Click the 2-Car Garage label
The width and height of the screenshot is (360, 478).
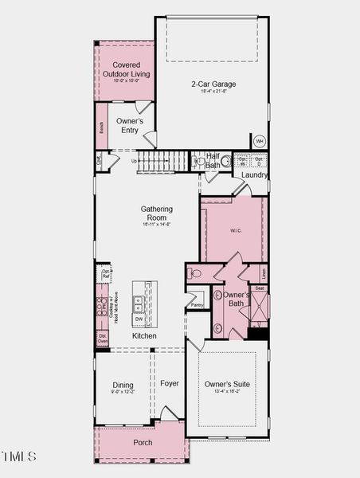213,84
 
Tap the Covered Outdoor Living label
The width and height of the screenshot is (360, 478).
126,69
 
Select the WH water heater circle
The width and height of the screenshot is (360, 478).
259,141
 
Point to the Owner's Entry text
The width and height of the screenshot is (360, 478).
129,126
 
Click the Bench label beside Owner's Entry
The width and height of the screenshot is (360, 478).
102,127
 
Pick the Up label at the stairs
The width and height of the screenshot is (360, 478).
135,161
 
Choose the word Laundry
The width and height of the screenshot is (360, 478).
253,174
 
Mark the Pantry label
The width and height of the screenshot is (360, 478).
197,304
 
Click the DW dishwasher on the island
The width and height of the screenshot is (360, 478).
139,319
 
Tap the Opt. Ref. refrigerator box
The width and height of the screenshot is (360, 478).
106,275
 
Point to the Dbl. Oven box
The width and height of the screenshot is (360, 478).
103,339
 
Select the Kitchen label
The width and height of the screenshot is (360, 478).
144,336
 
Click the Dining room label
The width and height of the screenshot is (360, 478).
123,386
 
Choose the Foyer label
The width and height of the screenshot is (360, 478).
170,383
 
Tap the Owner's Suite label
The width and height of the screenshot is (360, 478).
227,385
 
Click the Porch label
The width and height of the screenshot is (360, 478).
143,442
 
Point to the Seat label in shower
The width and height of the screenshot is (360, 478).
260,288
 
